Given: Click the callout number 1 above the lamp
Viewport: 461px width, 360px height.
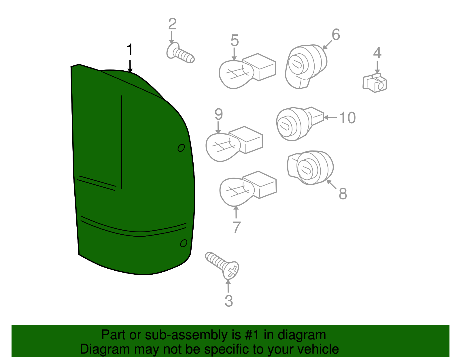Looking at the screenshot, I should tap(130, 50).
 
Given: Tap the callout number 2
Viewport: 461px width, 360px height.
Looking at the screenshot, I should tap(172, 24).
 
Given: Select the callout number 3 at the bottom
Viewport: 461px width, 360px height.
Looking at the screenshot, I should tap(228, 301).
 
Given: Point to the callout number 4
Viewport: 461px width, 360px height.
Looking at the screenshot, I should tap(377, 53).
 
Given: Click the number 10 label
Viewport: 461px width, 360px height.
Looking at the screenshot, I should tap(347, 118).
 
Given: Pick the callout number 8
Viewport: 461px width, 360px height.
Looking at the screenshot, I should tap(343, 194).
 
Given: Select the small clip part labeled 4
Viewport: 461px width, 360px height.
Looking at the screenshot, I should tap(375, 83).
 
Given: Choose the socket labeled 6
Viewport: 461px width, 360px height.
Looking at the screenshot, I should tap(306, 66).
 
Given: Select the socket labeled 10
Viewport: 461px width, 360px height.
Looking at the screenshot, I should tap(298, 123).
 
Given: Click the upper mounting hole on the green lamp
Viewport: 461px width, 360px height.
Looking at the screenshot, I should tap(181, 148).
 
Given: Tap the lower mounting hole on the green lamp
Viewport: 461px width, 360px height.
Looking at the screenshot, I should tap(184, 243).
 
